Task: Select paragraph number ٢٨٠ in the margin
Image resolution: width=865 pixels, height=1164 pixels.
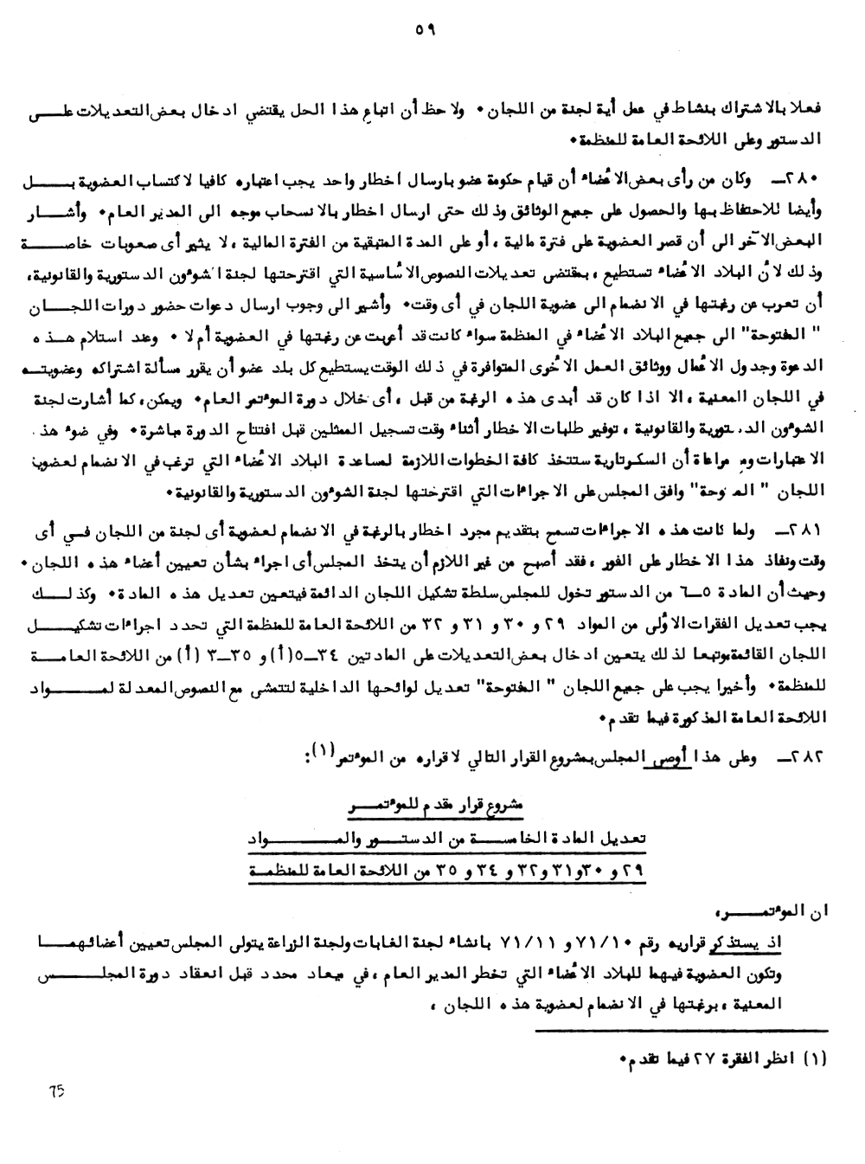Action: (804, 178)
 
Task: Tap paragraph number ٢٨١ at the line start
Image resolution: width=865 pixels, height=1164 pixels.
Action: (804, 527)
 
